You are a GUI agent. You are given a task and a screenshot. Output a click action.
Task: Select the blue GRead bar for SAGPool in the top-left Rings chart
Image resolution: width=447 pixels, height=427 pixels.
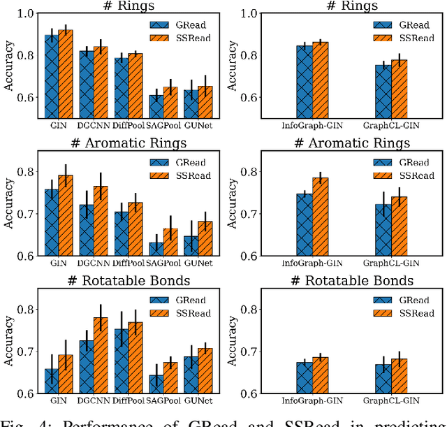(x=156, y=106)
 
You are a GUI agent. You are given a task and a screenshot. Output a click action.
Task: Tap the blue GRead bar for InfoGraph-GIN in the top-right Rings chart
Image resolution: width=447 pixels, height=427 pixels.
(x=305, y=81)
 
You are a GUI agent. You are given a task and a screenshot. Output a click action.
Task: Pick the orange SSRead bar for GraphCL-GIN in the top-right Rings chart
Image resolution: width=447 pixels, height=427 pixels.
(x=399, y=88)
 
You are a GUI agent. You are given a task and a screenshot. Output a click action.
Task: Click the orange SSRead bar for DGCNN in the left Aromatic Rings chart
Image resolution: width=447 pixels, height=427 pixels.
(x=101, y=221)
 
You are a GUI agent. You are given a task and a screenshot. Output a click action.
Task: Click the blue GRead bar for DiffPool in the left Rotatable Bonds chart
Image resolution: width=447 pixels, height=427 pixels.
(x=122, y=361)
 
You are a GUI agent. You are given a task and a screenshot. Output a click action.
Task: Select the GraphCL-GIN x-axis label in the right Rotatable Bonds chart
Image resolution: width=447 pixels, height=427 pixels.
(x=391, y=402)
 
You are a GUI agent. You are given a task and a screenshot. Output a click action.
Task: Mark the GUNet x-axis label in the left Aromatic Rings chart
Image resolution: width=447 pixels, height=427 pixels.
(x=198, y=264)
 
